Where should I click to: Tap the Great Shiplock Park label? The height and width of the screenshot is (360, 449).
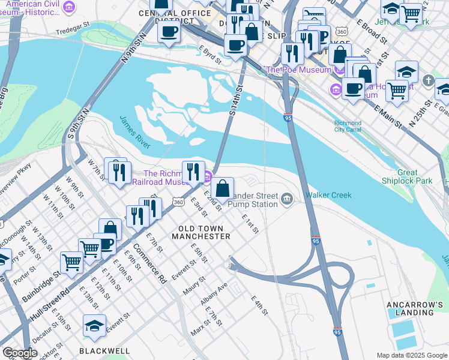[406, 176]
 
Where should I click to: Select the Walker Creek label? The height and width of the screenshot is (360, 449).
[326, 195]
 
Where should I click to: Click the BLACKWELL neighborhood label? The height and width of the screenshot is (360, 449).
[104, 350]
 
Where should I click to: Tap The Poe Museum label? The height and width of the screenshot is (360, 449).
[298, 70]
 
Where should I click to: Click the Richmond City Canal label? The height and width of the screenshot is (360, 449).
[348, 127]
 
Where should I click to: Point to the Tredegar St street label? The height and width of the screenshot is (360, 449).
[71, 31]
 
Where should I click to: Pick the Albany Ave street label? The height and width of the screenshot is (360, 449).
[214, 293]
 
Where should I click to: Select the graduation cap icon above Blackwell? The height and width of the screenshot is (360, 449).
[94, 326]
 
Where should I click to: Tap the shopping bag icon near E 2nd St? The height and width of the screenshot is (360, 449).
[222, 188]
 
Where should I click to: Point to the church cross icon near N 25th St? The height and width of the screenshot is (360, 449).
[428, 80]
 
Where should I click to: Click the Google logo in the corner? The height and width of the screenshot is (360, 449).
[20, 353]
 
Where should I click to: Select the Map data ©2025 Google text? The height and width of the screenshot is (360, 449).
[411, 355]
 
